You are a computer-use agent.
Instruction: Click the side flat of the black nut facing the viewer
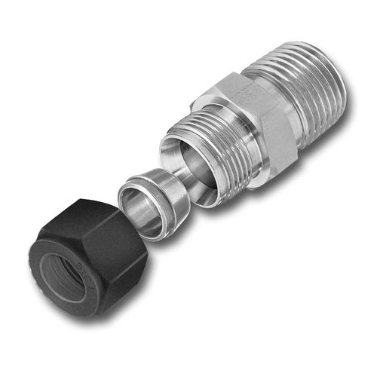tap(113, 249)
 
